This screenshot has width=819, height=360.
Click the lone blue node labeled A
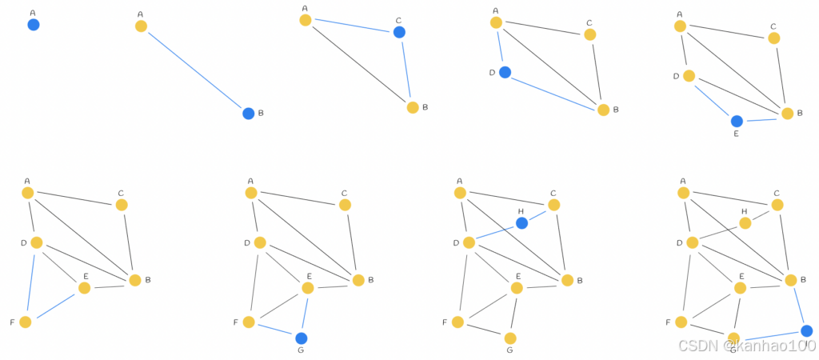[33, 25]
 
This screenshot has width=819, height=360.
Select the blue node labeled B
[249, 114]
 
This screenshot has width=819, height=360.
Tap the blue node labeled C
[399, 32]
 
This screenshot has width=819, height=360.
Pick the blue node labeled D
[505, 72]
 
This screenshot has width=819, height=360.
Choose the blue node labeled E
[737, 121]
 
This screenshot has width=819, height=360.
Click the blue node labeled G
[301, 338]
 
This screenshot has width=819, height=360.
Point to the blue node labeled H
[521, 223]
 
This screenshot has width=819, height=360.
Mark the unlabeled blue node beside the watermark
[806, 330]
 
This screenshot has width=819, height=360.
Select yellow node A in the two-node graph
[141, 26]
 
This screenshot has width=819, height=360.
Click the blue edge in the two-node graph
[194, 70]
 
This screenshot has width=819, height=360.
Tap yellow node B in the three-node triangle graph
[413, 107]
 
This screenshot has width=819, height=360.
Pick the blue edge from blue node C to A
[352, 26]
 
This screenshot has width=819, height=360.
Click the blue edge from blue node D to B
[554, 90]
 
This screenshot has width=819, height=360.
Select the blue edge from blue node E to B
[762, 118]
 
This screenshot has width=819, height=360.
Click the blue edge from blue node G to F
[274, 330]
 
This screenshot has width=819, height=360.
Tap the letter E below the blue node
[737, 134]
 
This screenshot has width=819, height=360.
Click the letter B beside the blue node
[261, 113]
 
